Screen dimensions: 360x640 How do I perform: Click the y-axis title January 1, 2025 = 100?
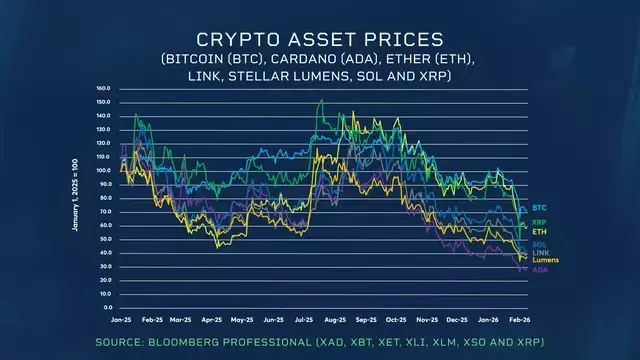point(75,197)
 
